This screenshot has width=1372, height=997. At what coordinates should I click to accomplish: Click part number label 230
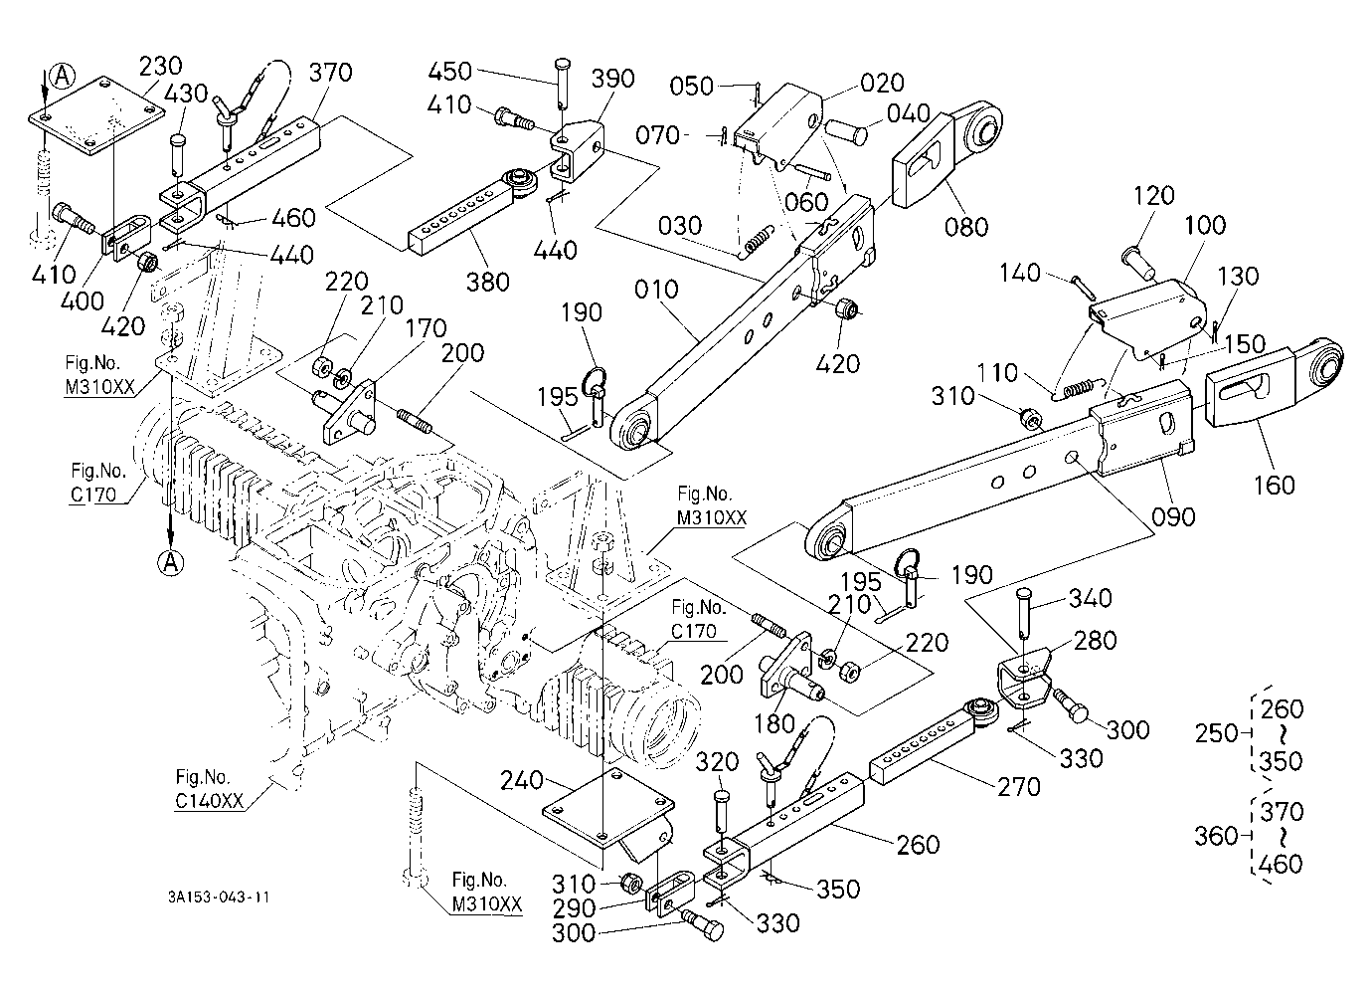[160, 66]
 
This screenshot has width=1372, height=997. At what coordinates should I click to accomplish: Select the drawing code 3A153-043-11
[219, 897]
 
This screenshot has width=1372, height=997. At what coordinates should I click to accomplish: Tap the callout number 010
[656, 290]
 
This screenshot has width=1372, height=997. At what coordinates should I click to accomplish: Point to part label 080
[966, 227]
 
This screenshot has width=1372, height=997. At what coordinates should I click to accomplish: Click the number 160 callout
[1274, 485]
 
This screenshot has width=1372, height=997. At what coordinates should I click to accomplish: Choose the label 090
[1173, 516]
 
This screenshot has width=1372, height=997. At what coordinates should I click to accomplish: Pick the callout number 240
[522, 780]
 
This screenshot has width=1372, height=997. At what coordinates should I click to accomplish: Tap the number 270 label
[1019, 787]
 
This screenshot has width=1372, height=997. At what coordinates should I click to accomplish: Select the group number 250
[1217, 733]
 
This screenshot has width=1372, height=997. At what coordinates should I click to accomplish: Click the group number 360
[1217, 836]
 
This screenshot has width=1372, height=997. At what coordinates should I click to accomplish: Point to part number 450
[449, 72]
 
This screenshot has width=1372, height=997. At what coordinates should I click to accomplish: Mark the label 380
[487, 282]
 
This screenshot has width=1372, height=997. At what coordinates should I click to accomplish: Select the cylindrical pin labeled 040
[846, 131]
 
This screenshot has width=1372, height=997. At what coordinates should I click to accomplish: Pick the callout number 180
[775, 724]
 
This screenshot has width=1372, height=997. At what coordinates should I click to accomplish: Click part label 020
[882, 83]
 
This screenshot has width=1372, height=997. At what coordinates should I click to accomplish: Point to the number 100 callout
[1205, 225]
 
